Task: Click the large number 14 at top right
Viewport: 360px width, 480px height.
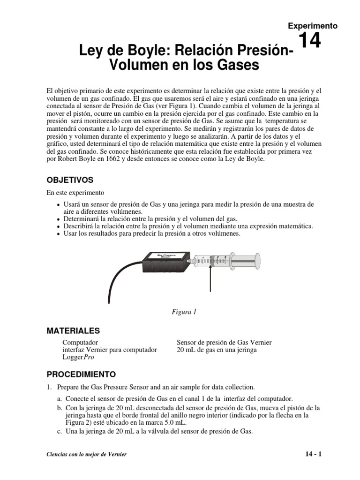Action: pos(309,41)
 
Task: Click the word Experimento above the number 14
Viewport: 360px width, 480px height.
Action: pos(313,26)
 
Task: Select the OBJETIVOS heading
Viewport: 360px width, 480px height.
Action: pos(70,180)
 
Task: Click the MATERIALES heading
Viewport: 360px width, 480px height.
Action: pos(73,331)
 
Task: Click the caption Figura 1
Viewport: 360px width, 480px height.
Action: pos(183,312)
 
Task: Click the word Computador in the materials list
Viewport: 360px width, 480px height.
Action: pos(80,343)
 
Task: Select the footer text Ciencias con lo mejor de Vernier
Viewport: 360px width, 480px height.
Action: pos(87,455)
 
